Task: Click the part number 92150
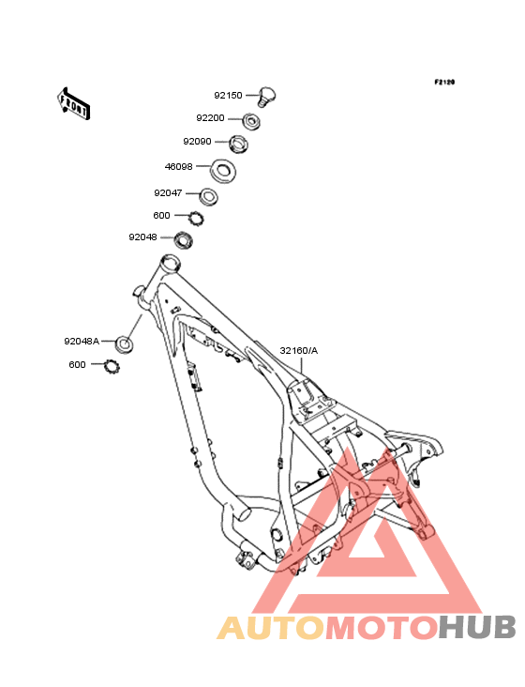click(228, 96)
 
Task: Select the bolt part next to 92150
click(266, 97)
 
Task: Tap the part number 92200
click(210, 118)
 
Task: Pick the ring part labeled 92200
click(251, 120)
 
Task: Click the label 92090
click(197, 142)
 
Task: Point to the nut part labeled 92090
click(239, 144)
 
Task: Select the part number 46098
click(178, 167)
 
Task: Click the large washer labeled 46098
click(223, 171)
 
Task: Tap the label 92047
click(168, 193)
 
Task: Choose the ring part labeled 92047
click(208, 196)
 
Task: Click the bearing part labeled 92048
click(184, 239)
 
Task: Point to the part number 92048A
click(82, 342)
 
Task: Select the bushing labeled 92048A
click(125, 344)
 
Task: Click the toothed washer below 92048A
click(112, 366)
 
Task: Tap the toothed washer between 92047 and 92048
click(197, 218)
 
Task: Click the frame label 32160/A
click(299, 351)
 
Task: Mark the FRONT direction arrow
click(73, 103)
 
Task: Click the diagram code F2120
click(444, 82)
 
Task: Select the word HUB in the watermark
click(478, 627)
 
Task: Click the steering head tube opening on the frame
click(171, 264)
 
